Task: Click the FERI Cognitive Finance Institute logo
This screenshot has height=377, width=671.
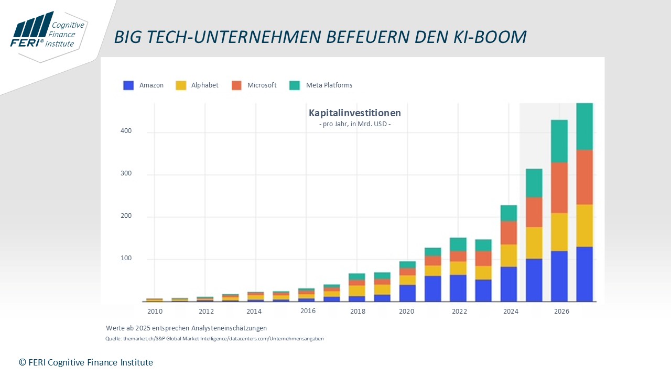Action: (x=48, y=32)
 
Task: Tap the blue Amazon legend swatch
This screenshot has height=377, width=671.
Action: (x=128, y=85)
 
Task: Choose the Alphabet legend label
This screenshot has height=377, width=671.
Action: (x=204, y=85)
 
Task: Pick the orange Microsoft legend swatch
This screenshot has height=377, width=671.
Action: (x=236, y=85)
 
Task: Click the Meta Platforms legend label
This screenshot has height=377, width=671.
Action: (x=329, y=85)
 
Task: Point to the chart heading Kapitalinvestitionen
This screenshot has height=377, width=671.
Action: (x=354, y=113)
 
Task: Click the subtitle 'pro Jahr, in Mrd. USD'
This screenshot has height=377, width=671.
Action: (x=354, y=124)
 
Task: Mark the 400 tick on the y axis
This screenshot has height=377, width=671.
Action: (x=125, y=131)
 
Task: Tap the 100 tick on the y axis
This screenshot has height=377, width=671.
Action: (x=125, y=259)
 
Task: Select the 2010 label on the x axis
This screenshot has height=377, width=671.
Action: (x=155, y=312)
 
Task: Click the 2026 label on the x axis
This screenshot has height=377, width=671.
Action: (x=561, y=312)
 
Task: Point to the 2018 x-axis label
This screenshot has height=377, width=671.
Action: (x=358, y=312)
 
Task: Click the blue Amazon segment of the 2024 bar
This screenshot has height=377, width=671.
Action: (x=508, y=284)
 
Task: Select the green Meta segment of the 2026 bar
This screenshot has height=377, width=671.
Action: (x=559, y=141)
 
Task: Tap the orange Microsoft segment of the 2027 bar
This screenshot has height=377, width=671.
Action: (x=585, y=177)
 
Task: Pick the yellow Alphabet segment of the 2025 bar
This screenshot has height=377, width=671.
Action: (x=534, y=242)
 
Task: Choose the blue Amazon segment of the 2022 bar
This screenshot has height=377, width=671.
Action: (x=458, y=288)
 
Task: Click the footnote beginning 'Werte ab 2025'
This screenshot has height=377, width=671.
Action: (x=186, y=328)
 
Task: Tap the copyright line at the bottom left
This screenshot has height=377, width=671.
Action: (x=86, y=362)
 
